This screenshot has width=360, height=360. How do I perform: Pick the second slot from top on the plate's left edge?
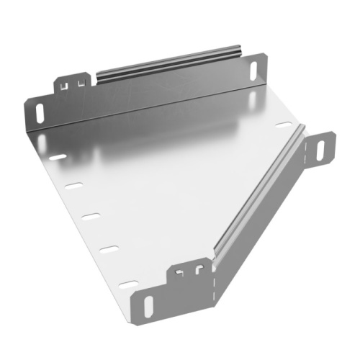[x=73, y=186]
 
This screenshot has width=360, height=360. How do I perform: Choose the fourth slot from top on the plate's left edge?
[x=109, y=249]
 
